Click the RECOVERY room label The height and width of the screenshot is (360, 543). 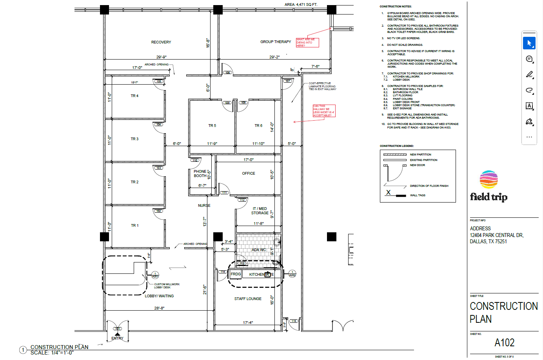click(161, 42)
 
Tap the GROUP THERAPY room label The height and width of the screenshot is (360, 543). click(276, 42)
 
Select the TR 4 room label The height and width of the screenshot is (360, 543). click(134, 96)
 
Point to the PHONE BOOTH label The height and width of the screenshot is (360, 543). click(200, 174)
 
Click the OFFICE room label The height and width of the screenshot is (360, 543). click(248, 174)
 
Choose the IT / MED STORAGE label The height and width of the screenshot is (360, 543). click(260, 211)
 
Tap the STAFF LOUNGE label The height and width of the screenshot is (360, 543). click(248, 299)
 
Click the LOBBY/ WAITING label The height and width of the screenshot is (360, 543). click(159, 296)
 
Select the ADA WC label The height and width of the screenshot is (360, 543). click(258, 250)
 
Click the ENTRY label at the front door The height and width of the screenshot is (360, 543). click(117, 338)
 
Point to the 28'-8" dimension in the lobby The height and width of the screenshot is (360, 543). click(159, 308)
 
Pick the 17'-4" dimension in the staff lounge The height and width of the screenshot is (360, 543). click(248, 323)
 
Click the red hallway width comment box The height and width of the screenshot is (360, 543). click(324, 111)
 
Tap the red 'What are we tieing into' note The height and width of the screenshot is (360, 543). click(307, 43)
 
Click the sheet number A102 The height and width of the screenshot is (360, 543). click(504, 343)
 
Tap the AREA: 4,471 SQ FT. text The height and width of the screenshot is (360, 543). click(301, 5)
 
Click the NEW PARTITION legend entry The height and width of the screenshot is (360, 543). click(420, 155)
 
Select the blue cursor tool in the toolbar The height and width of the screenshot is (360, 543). click(529, 43)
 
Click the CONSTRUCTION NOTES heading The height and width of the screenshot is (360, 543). click(396, 7)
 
